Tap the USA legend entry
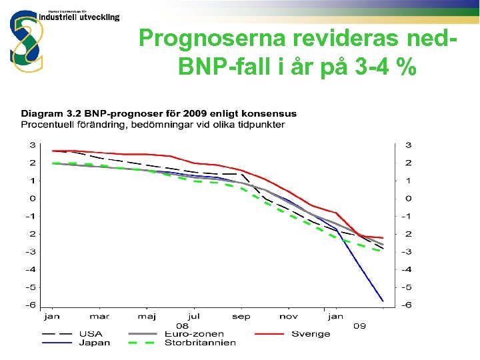(91, 334)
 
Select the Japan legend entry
(95, 343)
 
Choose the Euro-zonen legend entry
(195, 334)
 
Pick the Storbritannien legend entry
(199, 343)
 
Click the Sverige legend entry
(311, 334)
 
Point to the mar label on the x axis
(99, 317)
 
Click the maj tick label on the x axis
(146, 317)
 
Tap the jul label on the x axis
(194, 317)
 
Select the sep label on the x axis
(241, 317)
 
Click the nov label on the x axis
(288, 317)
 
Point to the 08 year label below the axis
(182, 326)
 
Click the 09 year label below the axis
(359, 326)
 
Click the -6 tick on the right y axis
(407, 305)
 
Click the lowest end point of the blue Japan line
(383, 301)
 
